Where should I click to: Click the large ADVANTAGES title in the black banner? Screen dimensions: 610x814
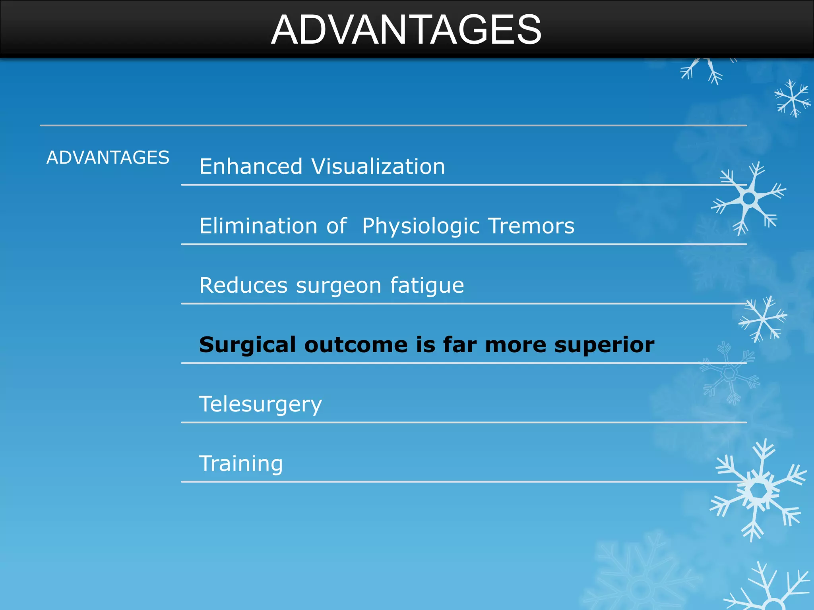(406, 30)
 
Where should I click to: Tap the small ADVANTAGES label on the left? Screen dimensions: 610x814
(108, 158)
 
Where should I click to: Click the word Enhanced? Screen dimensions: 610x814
(251, 166)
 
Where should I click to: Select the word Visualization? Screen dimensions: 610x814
(378, 166)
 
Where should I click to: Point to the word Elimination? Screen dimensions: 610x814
(258, 226)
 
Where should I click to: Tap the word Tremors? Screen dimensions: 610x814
(531, 226)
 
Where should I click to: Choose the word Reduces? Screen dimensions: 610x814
(243, 286)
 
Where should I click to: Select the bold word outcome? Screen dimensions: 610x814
(356, 345)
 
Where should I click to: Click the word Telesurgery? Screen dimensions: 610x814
(260, 405)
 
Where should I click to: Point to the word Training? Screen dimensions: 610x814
(241, 463)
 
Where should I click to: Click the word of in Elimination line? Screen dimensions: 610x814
(337, 226)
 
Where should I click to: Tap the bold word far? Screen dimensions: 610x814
(460, 344)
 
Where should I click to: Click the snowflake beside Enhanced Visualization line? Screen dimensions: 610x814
(749, 198)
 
